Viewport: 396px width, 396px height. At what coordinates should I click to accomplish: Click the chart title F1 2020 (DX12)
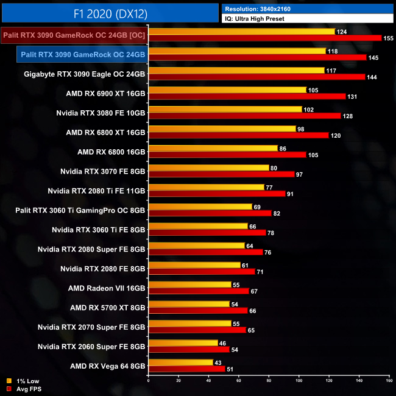pos(109,12)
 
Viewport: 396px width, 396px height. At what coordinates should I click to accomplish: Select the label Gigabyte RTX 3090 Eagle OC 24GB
pos(85,74)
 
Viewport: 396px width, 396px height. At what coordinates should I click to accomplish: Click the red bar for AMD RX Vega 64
pos(186,369)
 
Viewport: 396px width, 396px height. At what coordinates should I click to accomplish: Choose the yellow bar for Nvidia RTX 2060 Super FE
pos(183,343)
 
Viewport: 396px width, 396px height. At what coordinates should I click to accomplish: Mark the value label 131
pos(354,96)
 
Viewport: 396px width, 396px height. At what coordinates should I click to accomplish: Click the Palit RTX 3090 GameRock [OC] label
pos(74,35)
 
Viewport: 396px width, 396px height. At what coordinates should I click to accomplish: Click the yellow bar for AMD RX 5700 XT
pos(189,304)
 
